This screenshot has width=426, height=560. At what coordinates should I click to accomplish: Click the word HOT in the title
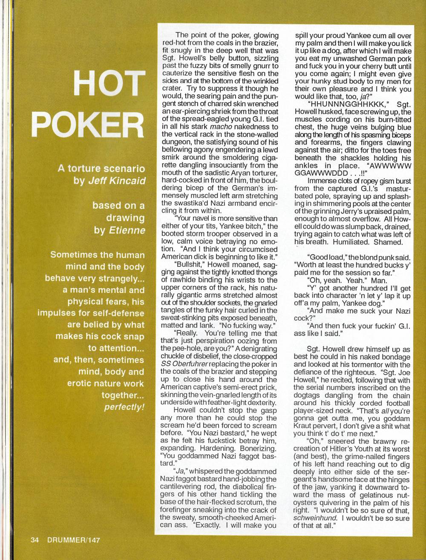110,83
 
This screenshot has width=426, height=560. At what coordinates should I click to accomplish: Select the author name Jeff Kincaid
117,181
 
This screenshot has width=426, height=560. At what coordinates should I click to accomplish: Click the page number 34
35,540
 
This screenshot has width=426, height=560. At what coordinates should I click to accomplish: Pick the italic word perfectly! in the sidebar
124,407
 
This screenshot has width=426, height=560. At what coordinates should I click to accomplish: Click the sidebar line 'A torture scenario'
101,168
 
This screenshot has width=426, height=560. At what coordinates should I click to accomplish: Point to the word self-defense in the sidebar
120,313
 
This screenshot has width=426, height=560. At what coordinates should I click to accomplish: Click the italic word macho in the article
221,127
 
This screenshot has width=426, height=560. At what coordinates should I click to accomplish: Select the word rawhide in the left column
175,280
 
